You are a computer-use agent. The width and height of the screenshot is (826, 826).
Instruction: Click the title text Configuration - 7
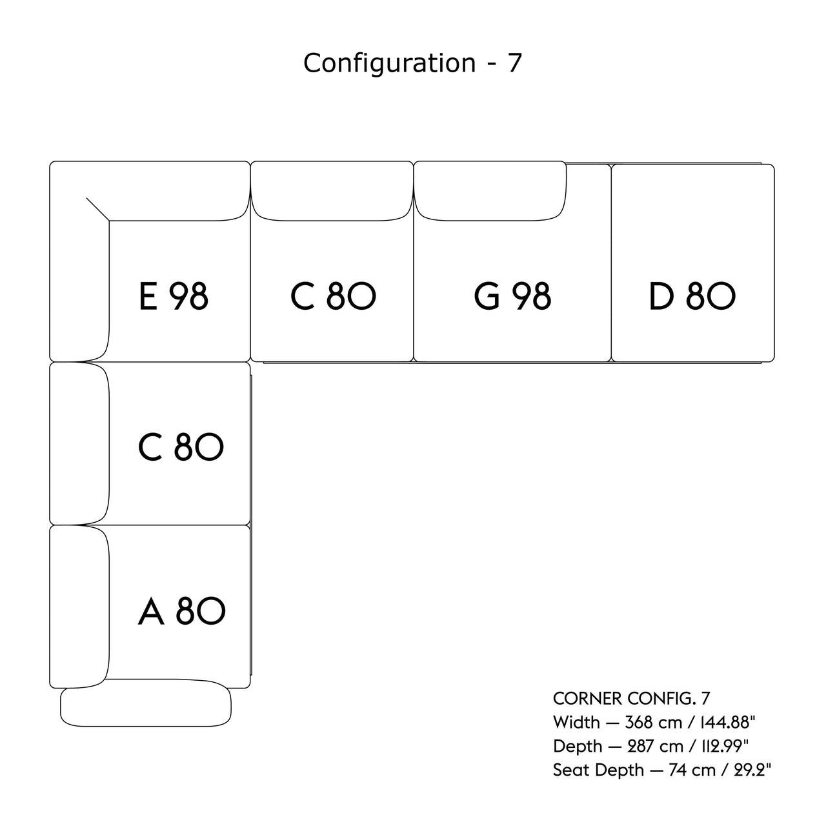coord(412,63)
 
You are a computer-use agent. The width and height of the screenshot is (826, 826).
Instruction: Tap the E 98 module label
coord(174,296)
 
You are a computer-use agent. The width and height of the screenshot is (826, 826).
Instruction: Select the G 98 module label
coord(512,296)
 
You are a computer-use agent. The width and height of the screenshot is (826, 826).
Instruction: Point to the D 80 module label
coord(692,296)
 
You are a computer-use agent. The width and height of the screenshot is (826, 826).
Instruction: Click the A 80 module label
coord(181,611)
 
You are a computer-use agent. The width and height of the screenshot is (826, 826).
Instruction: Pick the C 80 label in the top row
coord(333,296)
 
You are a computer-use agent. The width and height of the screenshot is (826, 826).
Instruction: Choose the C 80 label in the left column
coord(181,447)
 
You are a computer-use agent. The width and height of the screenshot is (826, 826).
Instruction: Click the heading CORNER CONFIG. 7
coord(631,698)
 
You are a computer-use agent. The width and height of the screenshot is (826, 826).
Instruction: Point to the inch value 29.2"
coord(751,770)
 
